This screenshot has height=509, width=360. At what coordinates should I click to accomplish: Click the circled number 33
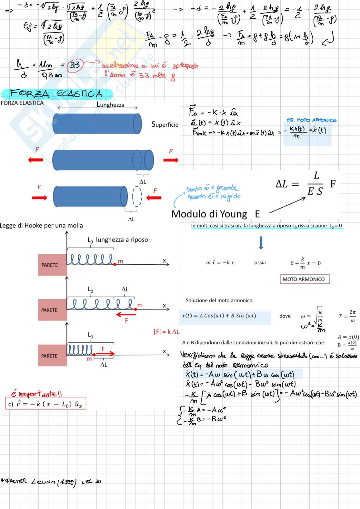pos(75,65)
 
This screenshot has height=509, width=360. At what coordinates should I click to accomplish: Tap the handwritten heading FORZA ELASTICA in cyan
pos(56,94)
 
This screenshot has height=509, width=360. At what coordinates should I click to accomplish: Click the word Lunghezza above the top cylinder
pos(110,104)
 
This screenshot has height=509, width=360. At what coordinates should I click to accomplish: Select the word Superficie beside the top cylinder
pos(165,124)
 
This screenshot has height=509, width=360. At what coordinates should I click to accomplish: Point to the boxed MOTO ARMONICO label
pos(304,279)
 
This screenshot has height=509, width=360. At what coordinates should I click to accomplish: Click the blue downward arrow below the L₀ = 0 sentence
pos(261,243)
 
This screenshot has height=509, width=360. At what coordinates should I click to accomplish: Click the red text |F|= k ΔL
pos(166,332)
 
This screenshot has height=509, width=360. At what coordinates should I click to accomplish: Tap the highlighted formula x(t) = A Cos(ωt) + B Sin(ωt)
pos(219,316)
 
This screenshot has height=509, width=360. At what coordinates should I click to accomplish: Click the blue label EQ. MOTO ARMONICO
pos(311,120)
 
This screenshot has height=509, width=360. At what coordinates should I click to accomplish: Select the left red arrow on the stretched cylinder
pos(35,160)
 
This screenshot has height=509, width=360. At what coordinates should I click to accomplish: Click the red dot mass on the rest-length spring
pos(115,264)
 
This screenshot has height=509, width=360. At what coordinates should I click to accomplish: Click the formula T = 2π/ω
pos(347,316)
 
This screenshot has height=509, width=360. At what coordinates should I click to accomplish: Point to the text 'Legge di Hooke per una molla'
pos(42,226)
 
